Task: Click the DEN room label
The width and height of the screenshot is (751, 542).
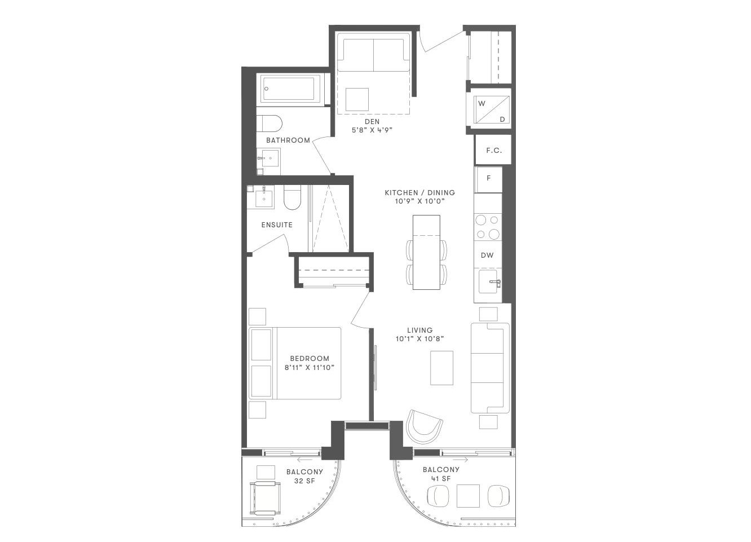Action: pos(372,121)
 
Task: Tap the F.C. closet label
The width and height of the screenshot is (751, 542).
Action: pos(494,151)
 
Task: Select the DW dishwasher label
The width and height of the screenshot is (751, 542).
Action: pos(487,255)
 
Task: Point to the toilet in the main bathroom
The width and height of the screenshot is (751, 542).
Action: pos(269,124)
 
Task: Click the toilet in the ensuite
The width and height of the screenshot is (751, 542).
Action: pos(292,197)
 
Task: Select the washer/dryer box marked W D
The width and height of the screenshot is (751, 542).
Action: pos(493,109)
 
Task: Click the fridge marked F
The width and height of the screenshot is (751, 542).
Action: pos(488,179)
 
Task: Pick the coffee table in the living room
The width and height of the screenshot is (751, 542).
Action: pos(441,368)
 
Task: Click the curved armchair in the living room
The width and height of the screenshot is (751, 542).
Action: pos(424,428)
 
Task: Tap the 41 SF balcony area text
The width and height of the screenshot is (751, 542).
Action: pos(441,479)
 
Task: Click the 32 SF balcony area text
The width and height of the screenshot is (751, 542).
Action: pos(304,481)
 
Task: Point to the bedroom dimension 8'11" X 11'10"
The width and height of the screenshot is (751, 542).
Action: pos(310,368)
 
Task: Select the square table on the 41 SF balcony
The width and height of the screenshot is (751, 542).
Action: pos(468,496)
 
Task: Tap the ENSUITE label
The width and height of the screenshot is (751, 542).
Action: pos(277,224)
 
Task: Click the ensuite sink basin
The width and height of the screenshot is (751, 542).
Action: pos(264,199)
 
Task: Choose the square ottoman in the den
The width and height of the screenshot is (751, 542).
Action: pos(357,99)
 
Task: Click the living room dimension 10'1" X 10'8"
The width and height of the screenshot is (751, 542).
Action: pos(419,339)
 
